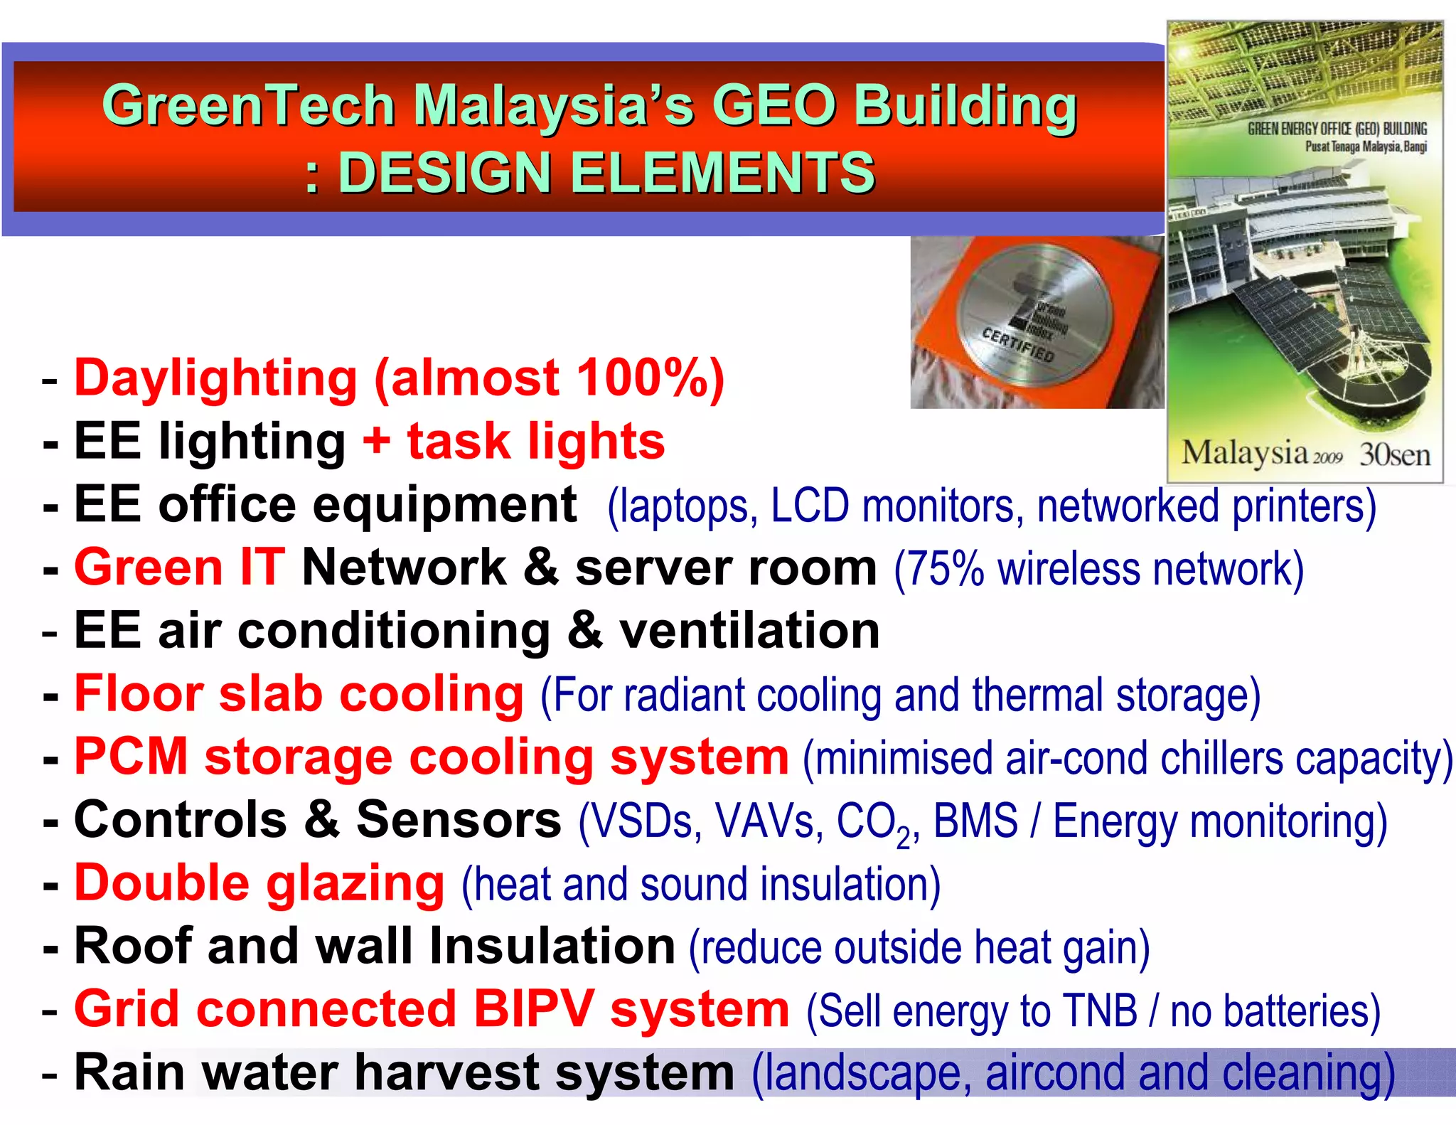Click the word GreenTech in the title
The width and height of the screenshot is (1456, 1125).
pyautogui.click(x=248, y=105)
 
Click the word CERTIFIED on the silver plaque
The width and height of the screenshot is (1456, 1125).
pyautogui.click(x=1017, y=344)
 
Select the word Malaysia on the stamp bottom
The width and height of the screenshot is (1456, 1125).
pyautogui.click(x=1244, y=452)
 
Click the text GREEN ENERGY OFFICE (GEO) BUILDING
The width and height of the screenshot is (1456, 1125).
pyautogui.click(x=1337, y=129)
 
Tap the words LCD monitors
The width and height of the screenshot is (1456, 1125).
pyautogui.click(x=896, y=506)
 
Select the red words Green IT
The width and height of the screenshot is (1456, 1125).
pyautogui.click(x=180, y=567)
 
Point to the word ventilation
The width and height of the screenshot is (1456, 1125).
pyautogui.click(x=749, y=631)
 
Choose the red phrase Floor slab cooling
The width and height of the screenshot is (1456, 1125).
pyautogui.click(x=299, y=694)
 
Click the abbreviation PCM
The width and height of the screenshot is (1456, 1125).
pyautogui.click(x=131, y=757)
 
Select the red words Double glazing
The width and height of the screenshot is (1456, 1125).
pyautogui.click(x=259, y=884)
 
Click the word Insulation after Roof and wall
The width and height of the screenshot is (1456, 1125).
pyautogui.click(x=552, y=947)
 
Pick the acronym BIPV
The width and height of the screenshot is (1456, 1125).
pyautogui.click(x=533, y=1009)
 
